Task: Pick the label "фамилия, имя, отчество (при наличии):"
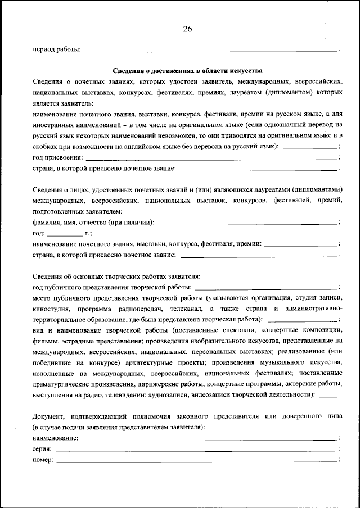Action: pyautogui.click(x=94, y=222)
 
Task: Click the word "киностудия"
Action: pyautogui.click(x=51, y=309)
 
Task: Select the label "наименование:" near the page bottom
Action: pyautogui.click(x=56, y=437)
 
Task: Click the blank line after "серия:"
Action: pyautogui.click(x=197, y=449)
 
